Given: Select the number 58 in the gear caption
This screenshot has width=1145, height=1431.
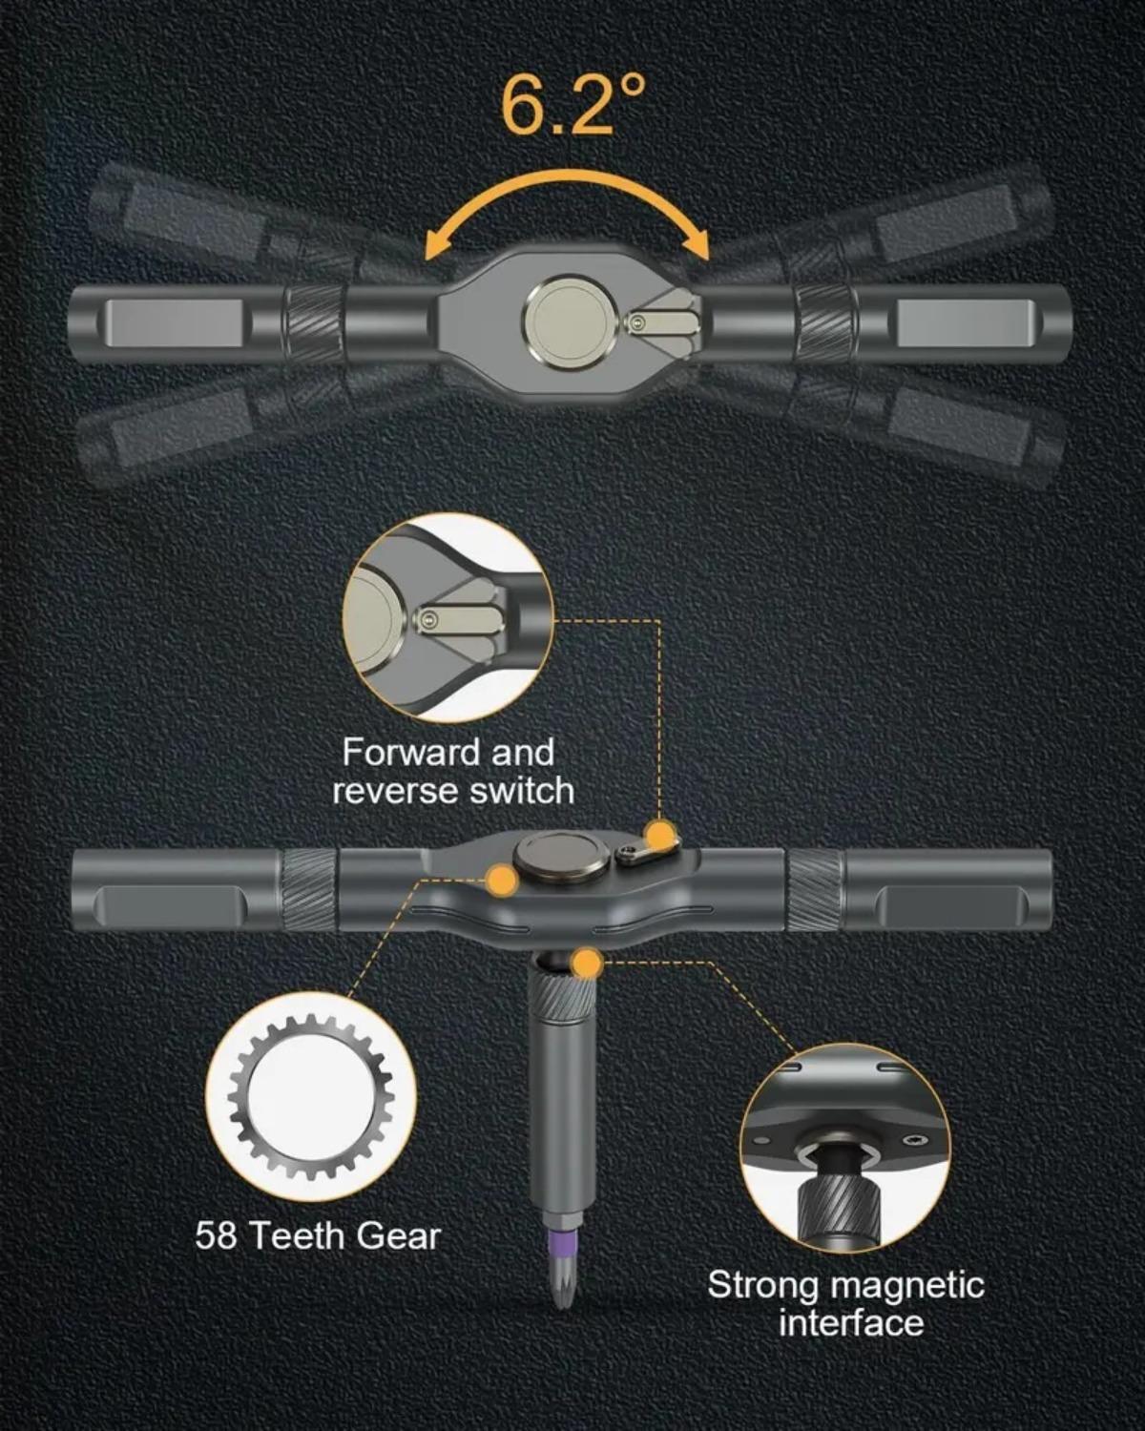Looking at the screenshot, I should tap(216, 1235).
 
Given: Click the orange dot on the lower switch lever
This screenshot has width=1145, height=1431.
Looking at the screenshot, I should tap(658, 837).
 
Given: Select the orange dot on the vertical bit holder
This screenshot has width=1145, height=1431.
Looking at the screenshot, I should tap(587, 964).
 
